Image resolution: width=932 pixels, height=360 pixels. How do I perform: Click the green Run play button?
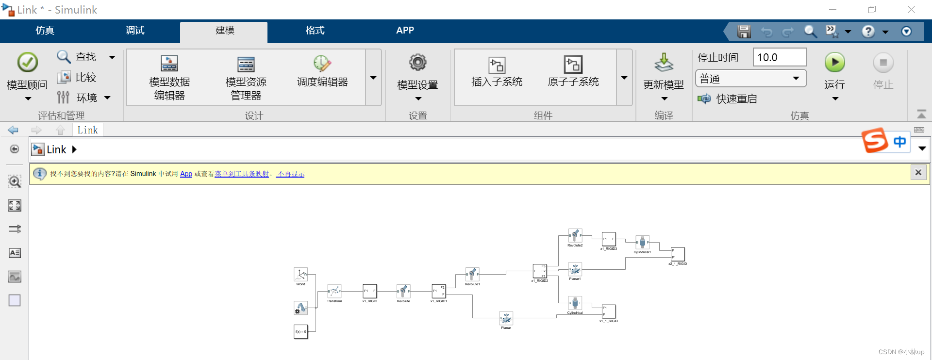pyautogui.click(x=834, y=63)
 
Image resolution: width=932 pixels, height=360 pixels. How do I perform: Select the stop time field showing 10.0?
pyautogui.click(x=779, y=57)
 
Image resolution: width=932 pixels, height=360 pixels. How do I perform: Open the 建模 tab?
pyautogui.click(x=224, y=31)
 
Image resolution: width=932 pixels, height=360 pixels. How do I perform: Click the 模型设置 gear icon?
pyautogui.click(x=417, y=63)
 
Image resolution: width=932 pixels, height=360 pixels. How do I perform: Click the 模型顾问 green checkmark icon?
pyautogui.click(x=28, y=63)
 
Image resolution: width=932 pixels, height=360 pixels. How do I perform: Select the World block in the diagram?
pyautogui.click(x=300, y=275)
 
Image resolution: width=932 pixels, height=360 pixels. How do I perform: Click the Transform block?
pyautogui.click(x=334, y=291)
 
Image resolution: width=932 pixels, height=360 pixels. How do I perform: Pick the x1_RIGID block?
pyautogui.click(x=369, y=291)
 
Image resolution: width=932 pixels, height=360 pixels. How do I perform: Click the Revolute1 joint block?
pyautogui.click(x=472, y=274)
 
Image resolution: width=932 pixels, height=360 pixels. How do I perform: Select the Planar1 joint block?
pyautogui.click(x=575, y=269)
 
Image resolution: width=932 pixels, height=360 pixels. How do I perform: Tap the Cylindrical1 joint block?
pyautogui.click(x=642, y=242)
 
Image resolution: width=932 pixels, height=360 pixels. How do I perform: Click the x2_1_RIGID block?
pyautogui.click(x=678, y=254)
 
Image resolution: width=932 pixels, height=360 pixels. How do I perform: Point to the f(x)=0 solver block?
pyautogui.click(x=300, y=331)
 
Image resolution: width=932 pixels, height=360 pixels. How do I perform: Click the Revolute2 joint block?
pyautogui.click(x=575, y=236)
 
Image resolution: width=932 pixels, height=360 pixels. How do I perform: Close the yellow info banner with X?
pyautogui.click(x=918, y=173)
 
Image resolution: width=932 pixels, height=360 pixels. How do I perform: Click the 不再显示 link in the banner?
pyautogui.click(x=290, y=174)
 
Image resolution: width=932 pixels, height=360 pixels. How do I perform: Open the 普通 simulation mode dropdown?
pyautogui.click(x=750, y=79)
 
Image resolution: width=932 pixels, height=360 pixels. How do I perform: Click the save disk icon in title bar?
pyautogui.click(x=744, y=32)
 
